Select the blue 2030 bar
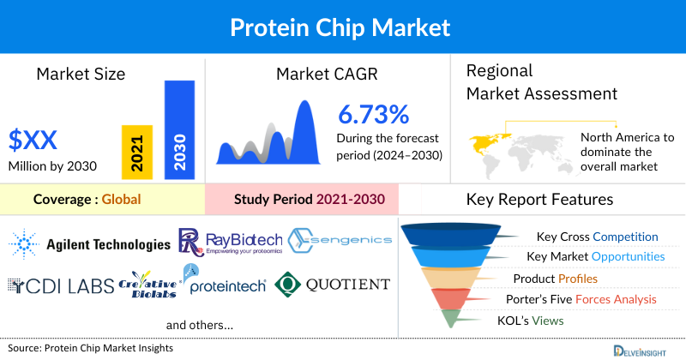179,130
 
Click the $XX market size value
34,139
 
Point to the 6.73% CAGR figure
373,114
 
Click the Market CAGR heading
326,74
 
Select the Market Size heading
81,74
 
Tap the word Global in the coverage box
121,200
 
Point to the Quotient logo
333,285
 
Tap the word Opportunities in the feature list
627,256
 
